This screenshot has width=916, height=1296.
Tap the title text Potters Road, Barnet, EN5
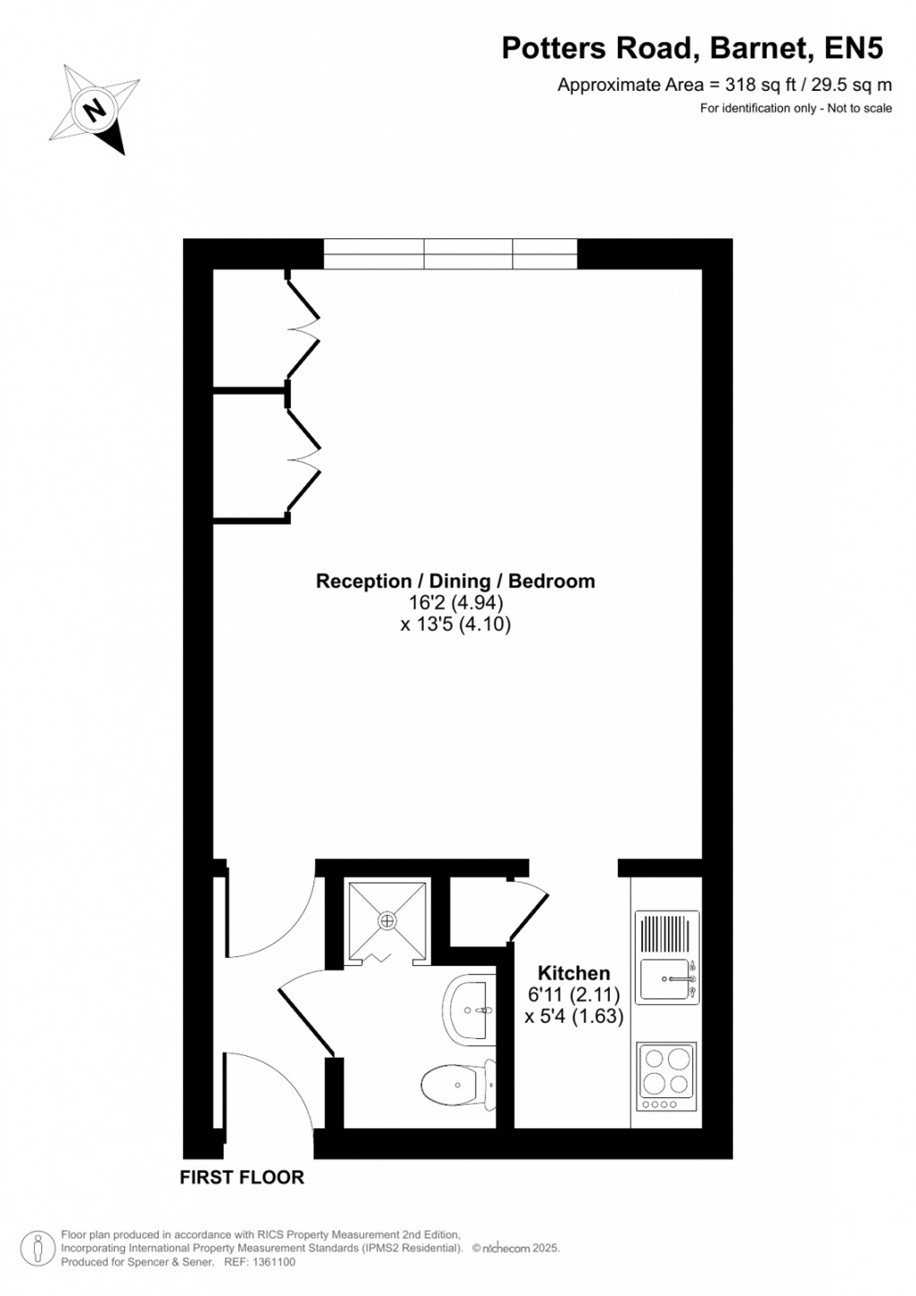pos(691,49)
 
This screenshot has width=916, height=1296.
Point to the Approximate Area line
pos(724,85)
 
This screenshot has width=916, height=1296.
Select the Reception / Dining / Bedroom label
pos(455,581)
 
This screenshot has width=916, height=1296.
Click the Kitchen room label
pos(573,972)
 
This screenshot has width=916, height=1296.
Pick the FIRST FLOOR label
pos(242,1177)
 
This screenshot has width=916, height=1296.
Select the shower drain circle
pos(387,920)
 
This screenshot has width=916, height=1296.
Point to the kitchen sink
pos(666,981)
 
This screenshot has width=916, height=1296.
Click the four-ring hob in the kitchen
pos(666,1075)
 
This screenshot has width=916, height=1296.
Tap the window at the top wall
pos(450,253)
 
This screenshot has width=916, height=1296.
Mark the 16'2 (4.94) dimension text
pos(455,602)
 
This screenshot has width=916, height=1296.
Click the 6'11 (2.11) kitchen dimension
pos(573,995)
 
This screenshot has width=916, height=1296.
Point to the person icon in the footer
pos(38,1248)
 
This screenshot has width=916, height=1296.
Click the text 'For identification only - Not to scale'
pos(796,108)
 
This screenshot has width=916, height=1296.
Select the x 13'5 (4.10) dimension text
pos(455,624)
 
